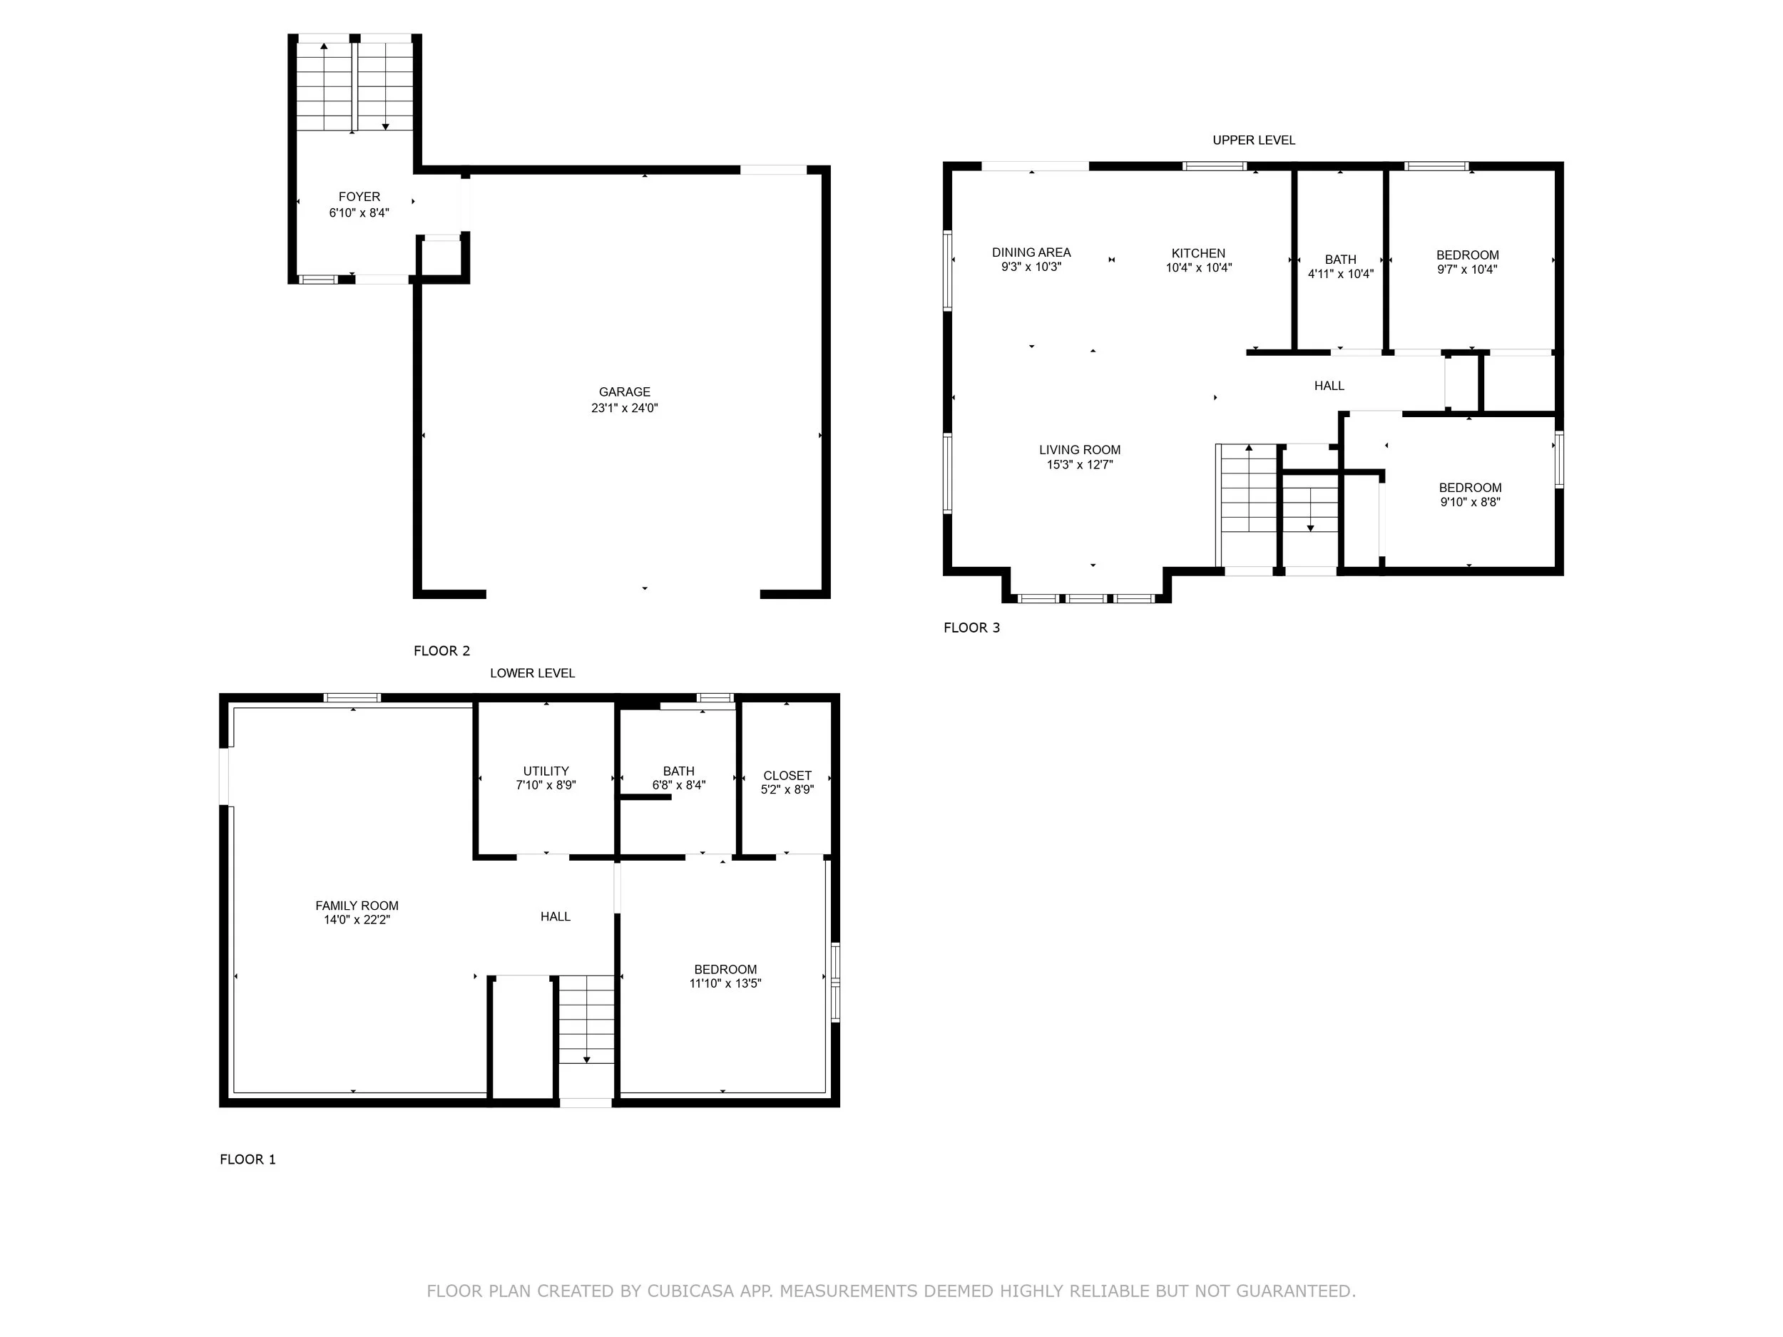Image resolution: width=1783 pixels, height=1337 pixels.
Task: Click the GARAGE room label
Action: [x=624, y=391]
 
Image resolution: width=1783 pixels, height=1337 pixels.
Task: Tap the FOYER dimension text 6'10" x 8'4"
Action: [x=359, y=212]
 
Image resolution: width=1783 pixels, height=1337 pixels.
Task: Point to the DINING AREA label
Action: [x=1031, y=252]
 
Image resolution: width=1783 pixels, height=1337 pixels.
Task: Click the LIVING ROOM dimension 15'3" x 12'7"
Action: [x=1079, y=465]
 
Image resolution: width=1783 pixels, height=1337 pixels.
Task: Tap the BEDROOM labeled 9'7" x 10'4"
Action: [x=1467, y=262]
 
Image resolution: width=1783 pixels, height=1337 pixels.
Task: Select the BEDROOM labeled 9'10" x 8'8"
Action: [x=1469, y=494]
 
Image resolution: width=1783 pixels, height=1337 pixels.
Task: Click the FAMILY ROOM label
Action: [x=357, y=906]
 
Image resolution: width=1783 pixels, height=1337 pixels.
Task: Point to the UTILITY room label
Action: [x=546, y=772]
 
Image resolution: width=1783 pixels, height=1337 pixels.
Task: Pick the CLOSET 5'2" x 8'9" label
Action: [x=787, y=782]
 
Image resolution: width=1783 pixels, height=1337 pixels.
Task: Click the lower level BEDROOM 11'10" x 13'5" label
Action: [x=725, y=976]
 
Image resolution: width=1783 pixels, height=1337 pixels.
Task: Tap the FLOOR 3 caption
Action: [x=971, y=627]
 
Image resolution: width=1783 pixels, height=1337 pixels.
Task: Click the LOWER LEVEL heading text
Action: [x=532, y=673]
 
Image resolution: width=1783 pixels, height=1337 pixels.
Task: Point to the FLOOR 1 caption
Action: [x=247, y=1159]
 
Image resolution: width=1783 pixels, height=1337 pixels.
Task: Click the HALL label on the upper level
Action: [x=1329, y=386]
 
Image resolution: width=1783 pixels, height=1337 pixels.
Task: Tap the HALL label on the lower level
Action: [x=555, y=916]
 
